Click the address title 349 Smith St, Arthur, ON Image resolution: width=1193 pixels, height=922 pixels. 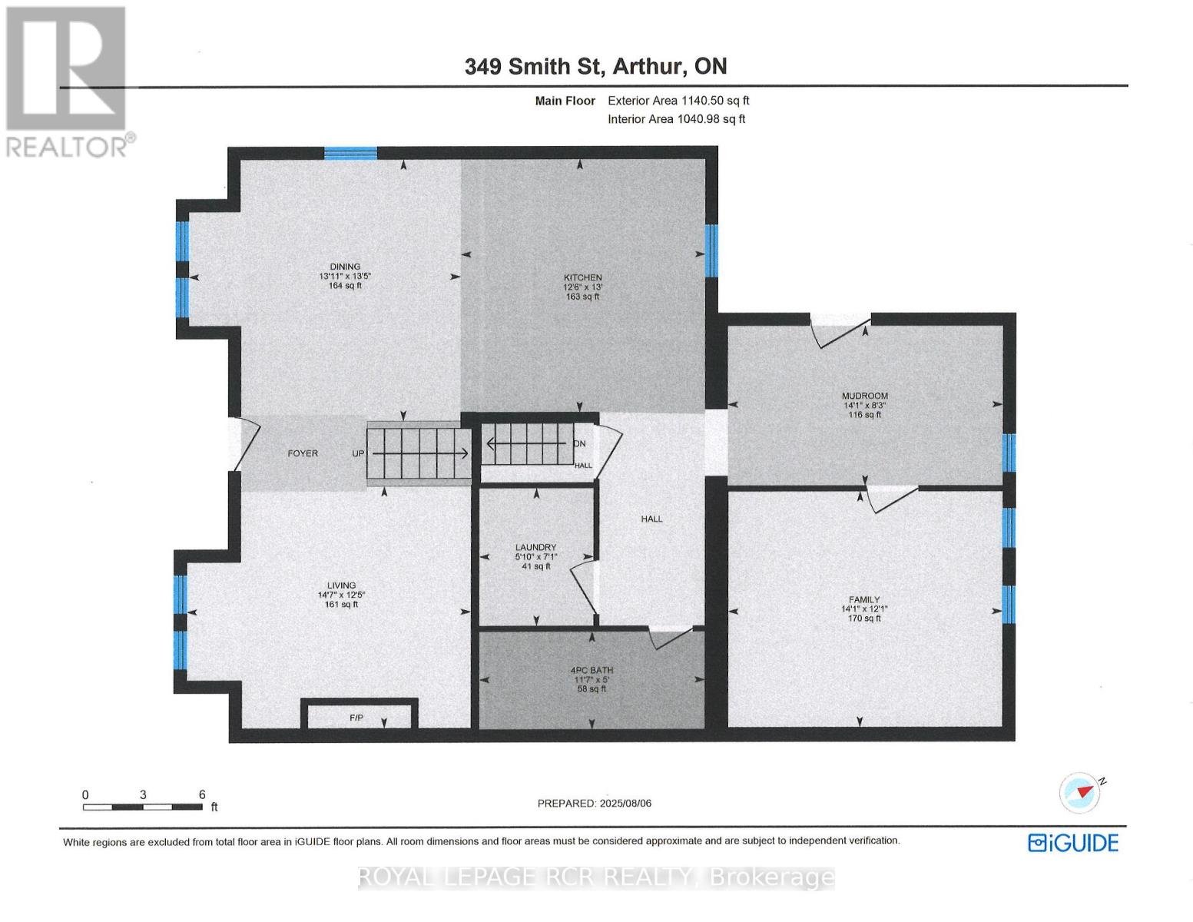coord(595,67)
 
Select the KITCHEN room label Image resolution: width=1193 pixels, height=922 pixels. coord(582,278)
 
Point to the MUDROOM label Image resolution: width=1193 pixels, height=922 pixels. coord(864,396)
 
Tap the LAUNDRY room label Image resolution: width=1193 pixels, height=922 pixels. coord(535,548)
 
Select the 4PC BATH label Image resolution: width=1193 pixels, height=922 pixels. coord(592,671)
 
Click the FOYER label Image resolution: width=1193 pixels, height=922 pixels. coord(303,453)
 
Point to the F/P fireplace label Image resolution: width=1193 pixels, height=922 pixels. coord(356,718)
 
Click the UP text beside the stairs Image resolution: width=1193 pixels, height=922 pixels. coord(358,453)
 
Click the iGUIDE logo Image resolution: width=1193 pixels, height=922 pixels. coord(1073,843)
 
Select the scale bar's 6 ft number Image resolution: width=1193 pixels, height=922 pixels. coord(202,795)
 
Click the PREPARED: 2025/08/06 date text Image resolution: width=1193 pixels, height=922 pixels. coord(594,804)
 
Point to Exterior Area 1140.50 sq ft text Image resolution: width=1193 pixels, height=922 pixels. coord(678,101)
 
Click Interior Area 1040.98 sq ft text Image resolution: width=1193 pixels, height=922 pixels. coord(676,119)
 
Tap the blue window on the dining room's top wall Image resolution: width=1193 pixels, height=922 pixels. coord(350,153)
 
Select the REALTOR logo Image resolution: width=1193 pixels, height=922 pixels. coord(68,81)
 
